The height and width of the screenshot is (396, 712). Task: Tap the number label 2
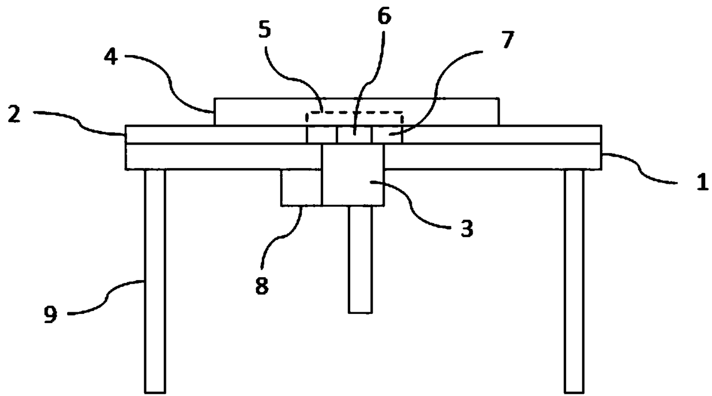[16, 115]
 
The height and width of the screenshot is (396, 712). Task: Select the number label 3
[466, 229]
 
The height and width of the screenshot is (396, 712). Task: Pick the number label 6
[384, 17]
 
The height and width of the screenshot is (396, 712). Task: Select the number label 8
[261, 285]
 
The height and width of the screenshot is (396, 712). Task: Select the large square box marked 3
[353, 174]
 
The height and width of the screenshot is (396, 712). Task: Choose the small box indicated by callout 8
[301, 187]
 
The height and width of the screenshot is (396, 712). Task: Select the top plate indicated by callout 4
[258, 111]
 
